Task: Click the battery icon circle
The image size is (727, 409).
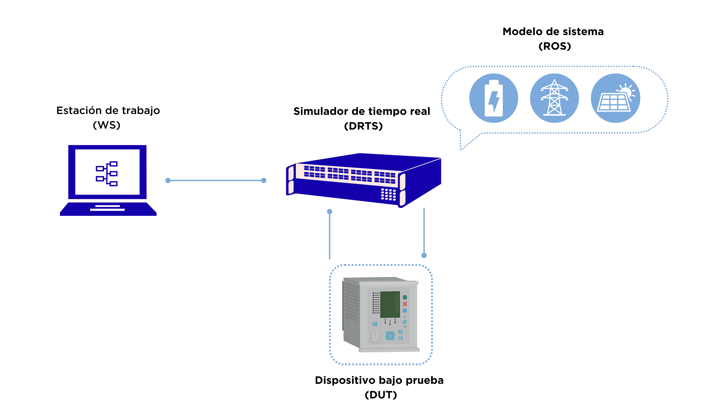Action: click(x=494, y=98)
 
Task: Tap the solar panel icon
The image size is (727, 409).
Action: click(x=616, y=98)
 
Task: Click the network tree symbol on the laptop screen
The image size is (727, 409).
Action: click(x=107, y=173)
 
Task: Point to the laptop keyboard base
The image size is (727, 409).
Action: click(x=108, y=209)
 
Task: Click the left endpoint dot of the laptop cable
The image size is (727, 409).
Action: click(x=168, y=180)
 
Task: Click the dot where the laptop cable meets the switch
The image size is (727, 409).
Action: click(x=264, y=180)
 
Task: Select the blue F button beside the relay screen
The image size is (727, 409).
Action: click(x=375, y=324)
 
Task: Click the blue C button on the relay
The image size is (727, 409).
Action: click(x=400, y=332)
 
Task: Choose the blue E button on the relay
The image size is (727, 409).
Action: click(x=400, y=338)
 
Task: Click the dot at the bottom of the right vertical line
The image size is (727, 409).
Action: click(x=424, y=255)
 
